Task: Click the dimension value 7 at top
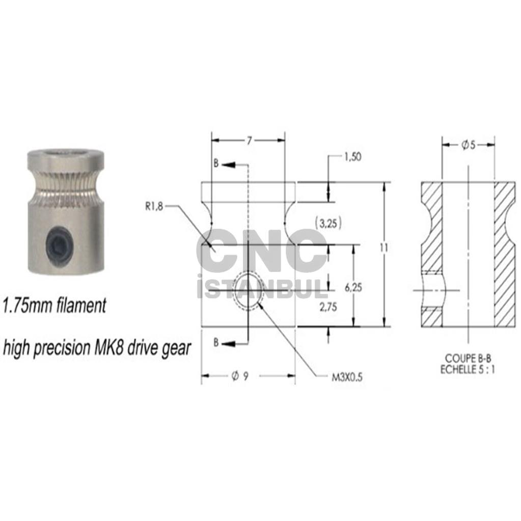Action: click(249, 141)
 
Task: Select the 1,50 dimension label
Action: click(352, 157)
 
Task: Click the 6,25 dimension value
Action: click(353, 287)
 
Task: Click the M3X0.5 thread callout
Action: click(347, 378)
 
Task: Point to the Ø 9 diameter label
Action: click(240, 376)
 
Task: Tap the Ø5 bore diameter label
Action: click(469, 145)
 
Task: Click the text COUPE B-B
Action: click(468, 358)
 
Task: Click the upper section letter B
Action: click(216, 164)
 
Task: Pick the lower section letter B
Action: click(216, 343)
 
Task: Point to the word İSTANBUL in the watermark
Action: click(261, 287)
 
